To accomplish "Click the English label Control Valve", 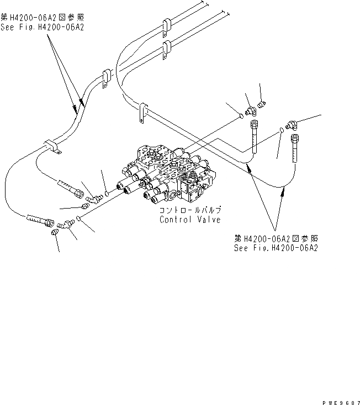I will point(190,220).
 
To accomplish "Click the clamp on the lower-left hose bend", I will point(53,147).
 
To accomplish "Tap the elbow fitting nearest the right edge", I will point(292,125).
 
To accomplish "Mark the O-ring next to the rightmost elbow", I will point(282,130).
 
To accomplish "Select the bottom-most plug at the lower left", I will point(55,234).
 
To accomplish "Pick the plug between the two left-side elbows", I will point(84,206).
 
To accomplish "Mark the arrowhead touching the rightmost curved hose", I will point(283,190).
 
